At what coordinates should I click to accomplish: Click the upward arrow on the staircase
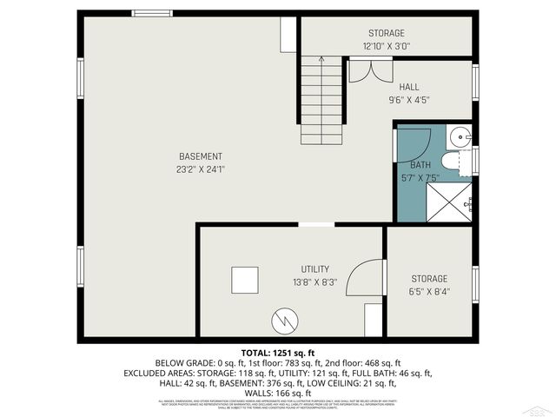[x=321, y=62]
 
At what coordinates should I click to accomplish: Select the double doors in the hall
[x=364, y=70]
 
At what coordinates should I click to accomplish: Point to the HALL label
[x=409, y=87]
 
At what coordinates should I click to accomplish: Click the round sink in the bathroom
[x=462, y=136]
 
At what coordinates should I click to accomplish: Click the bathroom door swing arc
[x=415, y=141]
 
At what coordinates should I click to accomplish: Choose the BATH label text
[x=420, y=164]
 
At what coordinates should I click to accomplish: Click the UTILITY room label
[x=315, y=269]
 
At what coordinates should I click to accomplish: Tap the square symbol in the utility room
[x=244, y=280]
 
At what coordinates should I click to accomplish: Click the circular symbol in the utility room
[x=283, y=321]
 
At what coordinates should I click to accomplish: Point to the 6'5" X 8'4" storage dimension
[x=430, y=292]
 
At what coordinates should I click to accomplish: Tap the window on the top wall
[x=152, y=13]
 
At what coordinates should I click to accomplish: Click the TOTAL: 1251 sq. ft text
[x=277, y=352]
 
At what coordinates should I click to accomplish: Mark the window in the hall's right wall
[x=475, y=81]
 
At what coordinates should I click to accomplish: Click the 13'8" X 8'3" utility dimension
[x=314, y=282]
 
